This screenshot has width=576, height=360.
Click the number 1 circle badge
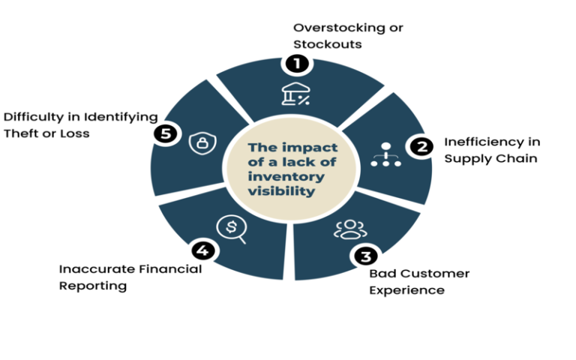point(297,64)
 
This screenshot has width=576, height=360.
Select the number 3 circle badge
point(364,256)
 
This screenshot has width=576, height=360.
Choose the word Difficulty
point(33,117)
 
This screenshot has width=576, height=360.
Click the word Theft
point(22,133)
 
